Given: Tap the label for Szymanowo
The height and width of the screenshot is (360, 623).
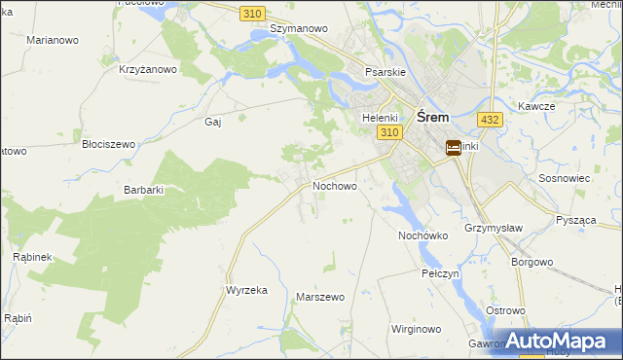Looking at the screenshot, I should [x=299, y=29].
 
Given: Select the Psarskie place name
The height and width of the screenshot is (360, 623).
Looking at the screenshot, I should [x=385, y=72].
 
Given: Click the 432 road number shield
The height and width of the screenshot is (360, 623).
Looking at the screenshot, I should [x=490, y=119].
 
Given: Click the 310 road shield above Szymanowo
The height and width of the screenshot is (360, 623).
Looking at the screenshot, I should [x=253, y=12].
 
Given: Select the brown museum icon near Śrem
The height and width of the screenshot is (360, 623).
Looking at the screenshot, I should [x=454, y=148].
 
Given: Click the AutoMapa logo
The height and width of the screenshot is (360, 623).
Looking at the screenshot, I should [x=563, y=342].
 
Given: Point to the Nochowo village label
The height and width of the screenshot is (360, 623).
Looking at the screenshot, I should [x=334, y=185].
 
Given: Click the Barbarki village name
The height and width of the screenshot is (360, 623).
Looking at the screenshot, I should [x=144, y=191].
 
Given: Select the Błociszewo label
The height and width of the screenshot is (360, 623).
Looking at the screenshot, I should [x=108, y=143].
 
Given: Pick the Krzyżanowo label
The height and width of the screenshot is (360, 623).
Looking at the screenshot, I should [x=147, y=69].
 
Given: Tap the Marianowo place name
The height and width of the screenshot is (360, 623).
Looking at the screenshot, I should [x=54, y=40].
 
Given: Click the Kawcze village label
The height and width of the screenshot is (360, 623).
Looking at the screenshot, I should [x=536, y=105].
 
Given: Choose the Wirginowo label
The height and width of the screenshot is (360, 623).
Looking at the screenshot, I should [x=418, y=330].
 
